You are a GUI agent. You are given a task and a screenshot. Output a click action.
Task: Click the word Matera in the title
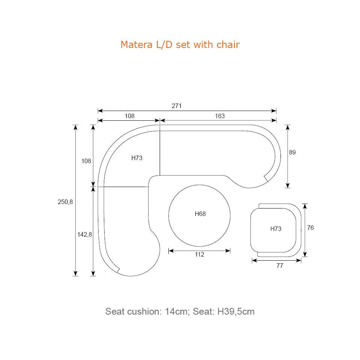[136, 45]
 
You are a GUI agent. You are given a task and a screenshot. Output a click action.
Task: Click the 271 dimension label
[177, 106]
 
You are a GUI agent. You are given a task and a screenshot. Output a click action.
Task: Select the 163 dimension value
[220, 116]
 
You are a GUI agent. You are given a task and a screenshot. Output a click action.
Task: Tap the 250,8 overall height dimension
[65, 202]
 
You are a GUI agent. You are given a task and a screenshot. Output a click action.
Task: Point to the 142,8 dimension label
[84, 234]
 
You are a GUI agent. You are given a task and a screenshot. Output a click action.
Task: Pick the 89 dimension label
[292, 152]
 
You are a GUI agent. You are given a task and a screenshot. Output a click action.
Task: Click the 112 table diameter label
[199, 254]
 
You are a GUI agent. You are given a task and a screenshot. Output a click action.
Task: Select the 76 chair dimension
[310, 228]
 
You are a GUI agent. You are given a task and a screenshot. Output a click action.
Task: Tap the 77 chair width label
[280, 265]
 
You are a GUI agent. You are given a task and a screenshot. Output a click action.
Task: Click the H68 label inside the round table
[200, 214]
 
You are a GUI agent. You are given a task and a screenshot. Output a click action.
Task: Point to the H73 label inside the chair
[276, 229]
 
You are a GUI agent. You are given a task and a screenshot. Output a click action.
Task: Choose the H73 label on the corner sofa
[137, 158]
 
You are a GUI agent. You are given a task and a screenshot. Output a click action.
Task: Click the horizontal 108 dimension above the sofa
[129, 116]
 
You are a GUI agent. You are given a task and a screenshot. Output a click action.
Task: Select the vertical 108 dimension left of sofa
[86, 161]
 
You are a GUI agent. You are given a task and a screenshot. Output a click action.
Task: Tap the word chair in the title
[228, 45]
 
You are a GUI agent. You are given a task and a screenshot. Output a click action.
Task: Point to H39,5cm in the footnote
[236, 312]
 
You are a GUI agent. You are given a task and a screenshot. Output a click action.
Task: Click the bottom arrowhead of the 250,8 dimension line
[75, 273]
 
